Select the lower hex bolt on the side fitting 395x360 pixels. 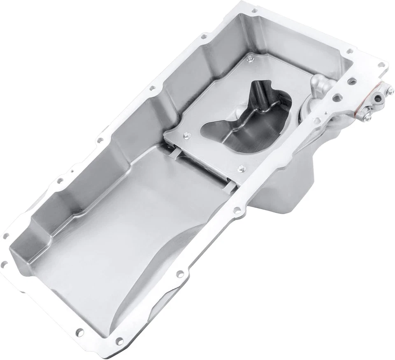[367, 116]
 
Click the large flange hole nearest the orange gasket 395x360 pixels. [337, 98]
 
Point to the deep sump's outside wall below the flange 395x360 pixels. [288, 181]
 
